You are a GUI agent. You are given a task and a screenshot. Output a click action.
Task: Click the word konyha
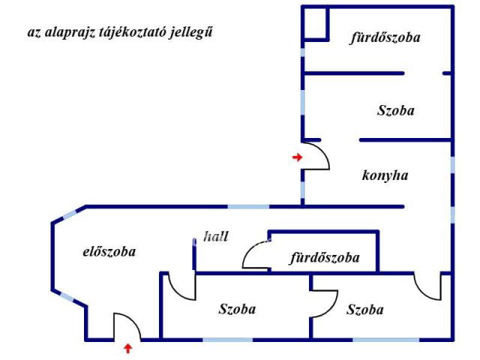(385, 176)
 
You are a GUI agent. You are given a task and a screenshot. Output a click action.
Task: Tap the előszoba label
(109, 252)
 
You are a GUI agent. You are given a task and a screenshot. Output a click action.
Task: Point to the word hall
(216, 236)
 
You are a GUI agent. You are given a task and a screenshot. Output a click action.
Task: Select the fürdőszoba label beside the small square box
(385, 37)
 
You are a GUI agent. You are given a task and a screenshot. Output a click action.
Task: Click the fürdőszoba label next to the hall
(325, 258)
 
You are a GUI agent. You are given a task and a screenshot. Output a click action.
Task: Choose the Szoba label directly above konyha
(395, 110)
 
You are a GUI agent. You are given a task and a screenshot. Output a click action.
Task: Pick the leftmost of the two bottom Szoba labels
(237, 309)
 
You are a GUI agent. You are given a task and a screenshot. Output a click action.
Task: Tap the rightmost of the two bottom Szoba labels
(365, 309)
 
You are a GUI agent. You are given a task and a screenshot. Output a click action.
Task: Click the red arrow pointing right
(297, 157)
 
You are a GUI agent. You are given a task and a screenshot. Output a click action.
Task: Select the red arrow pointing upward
(127, 348)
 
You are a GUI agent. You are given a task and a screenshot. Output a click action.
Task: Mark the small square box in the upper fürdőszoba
(316, 23)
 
